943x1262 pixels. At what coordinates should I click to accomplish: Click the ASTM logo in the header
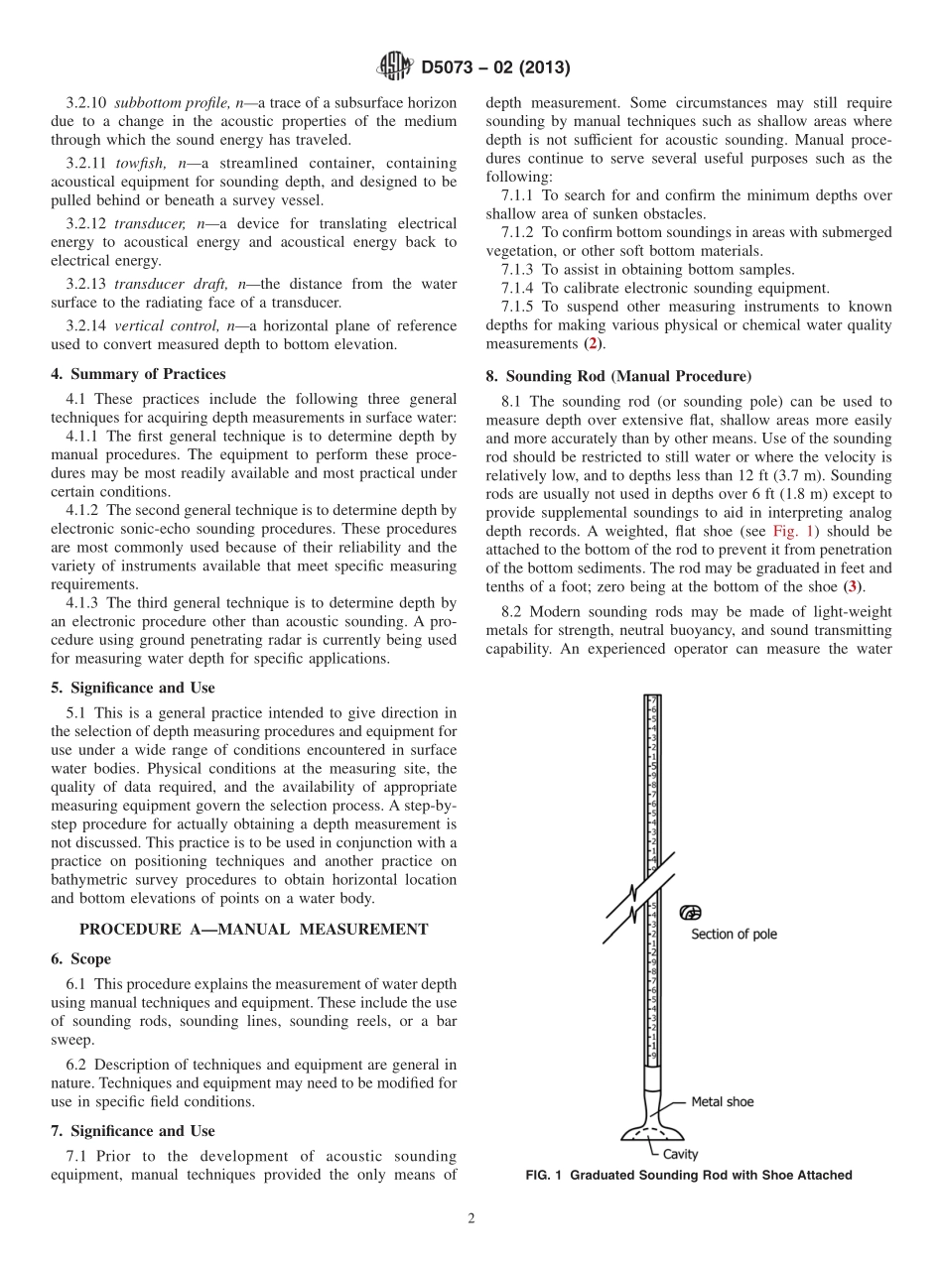tap(395, 67)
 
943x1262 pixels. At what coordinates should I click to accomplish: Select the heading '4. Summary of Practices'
tap(138, 374)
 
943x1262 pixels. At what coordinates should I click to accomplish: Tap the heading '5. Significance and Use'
tap(132, 688)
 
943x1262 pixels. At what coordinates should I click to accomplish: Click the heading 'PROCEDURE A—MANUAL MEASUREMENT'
tap(253, 930)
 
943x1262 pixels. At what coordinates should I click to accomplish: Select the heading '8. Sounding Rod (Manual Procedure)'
tap(617, 377)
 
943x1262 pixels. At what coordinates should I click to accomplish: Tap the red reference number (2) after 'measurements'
tap(592, 343)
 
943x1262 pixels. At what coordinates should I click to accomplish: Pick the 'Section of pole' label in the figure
tap(734, 934)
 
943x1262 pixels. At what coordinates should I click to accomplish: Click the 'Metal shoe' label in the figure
tap(722, 1102)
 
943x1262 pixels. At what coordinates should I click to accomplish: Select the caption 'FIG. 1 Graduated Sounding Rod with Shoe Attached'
tap(689, 1176)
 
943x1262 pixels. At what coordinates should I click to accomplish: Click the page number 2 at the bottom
tap(471, 1219)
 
